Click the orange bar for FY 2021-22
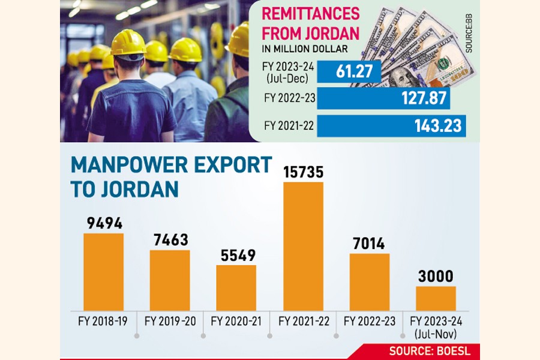(303, 246)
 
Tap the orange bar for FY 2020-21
(236, 287)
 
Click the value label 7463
(170, 241)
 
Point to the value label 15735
(303, 173)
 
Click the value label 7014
(370, 244)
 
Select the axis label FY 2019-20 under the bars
(170, 322)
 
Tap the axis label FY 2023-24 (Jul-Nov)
(436, 326)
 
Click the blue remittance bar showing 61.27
(349, 73)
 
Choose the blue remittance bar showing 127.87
(384, 99)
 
